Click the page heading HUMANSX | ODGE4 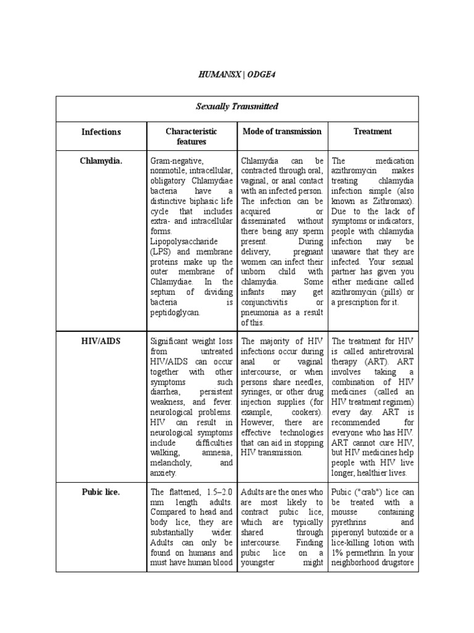pyautogui.click(x=237, y=74)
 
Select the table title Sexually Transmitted pyautogui.click(x=237, y=106)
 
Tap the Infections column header pyautogui.click(x=101, y=132)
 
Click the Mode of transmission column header pyautogui.click(x=282, y=131)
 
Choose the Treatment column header pyautogui.click(x=372, y=131)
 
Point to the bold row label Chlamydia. pyautogui.click(x=101, y=161)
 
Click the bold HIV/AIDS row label pyautogui.click(x=101, y=340)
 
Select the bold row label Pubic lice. pyautogui.click(x=101, y=492)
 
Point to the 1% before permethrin pyautogui.click(x=339, y=553)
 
